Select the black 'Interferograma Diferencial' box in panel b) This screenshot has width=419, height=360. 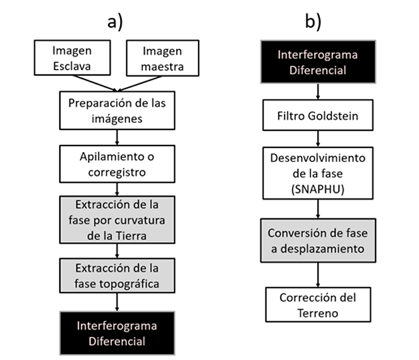321,62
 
